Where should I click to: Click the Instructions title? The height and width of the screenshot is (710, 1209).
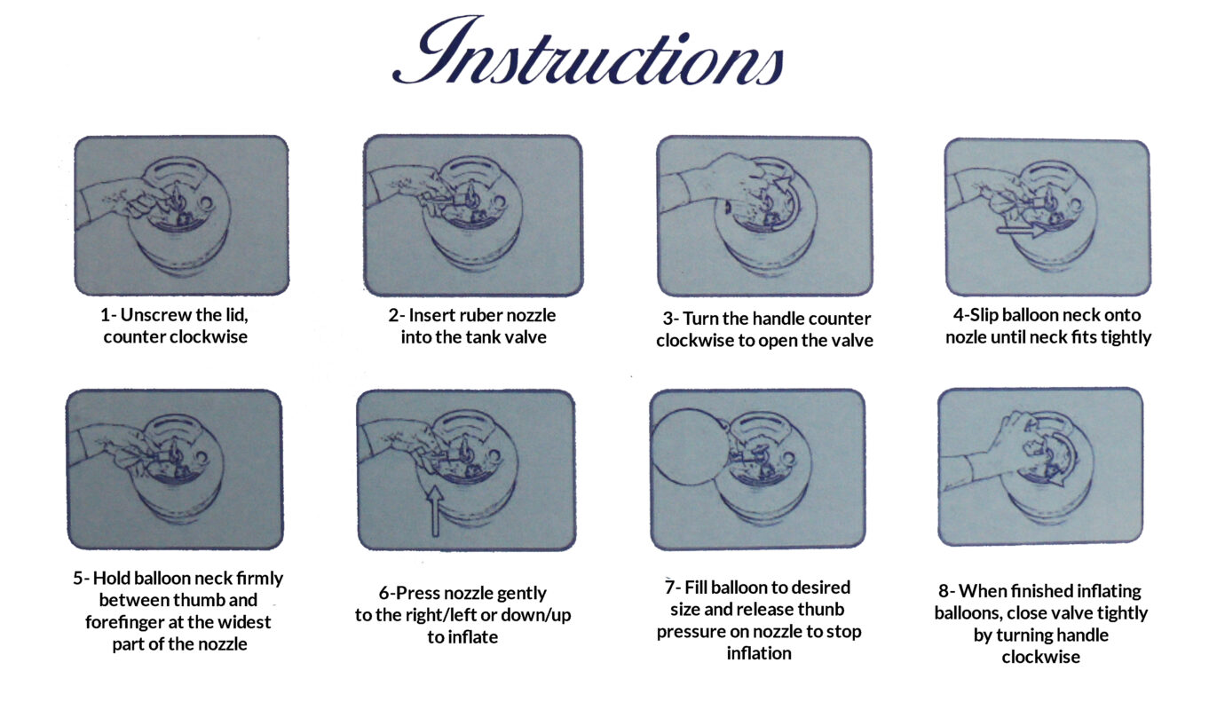[x=589, y=51]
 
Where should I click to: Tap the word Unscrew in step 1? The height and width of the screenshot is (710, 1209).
[x=152, y=314]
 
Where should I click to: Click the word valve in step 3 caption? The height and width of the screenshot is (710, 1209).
[x=849, y=341]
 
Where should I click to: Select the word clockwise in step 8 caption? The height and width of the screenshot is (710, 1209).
[x=1040, y=657]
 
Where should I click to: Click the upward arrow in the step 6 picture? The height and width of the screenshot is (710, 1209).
[x=435, y=511]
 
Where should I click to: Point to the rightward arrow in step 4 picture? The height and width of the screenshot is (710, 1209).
[x=1021, y=231]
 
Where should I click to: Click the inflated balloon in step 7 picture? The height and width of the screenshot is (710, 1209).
[x=688, y=446]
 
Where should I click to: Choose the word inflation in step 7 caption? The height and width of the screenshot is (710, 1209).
[x=759, y=653]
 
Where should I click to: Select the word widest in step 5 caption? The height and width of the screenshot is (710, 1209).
[x=245, y=622]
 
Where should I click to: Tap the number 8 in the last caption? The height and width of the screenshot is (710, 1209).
[x=944, y=591]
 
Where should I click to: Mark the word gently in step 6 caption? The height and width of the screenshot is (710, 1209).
[x=521, y=594]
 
